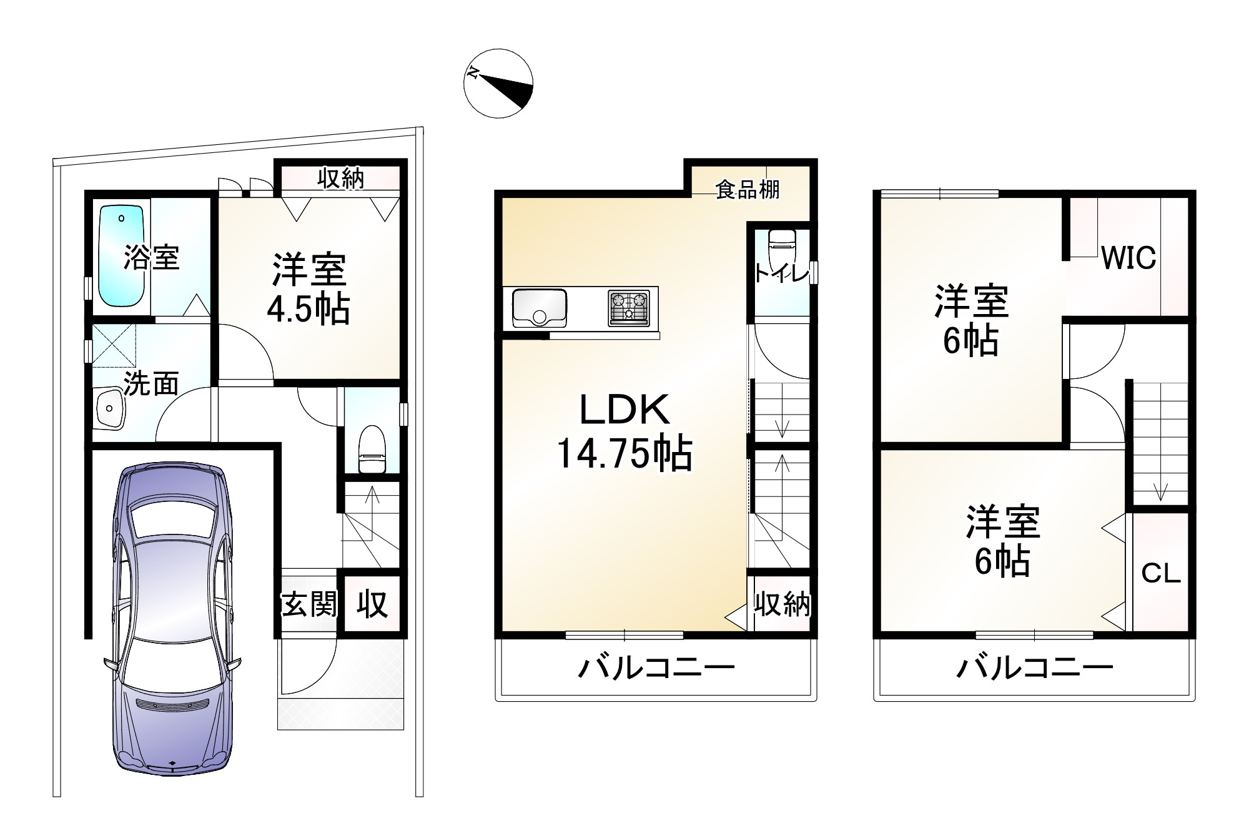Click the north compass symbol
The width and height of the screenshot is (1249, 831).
[x=498, y=83]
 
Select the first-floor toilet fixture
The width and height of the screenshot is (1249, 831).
[x=372, y=450]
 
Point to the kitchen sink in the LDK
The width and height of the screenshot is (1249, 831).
[x=539, y=307]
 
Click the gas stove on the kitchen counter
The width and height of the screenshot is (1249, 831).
[x=628, y=308]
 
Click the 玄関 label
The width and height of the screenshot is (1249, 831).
[x=309, y=604]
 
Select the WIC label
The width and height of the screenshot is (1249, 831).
[x=1128, y=258]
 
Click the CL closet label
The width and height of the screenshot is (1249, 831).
[x=1161, y=573]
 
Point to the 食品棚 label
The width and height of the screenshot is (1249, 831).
[x=748, y=189]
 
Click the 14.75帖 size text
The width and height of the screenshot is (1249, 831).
[x=624, y=454]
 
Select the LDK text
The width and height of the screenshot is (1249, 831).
[x=625, y=410]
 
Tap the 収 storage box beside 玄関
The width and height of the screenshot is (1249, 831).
[x=372, y=604]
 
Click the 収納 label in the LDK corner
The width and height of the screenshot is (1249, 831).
[x=782, y=604]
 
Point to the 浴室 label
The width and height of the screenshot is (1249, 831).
[x=151, y=257]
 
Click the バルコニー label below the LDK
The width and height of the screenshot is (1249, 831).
[x=656, y=669]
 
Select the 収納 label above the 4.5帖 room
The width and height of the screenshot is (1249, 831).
[x=340, y=179]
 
